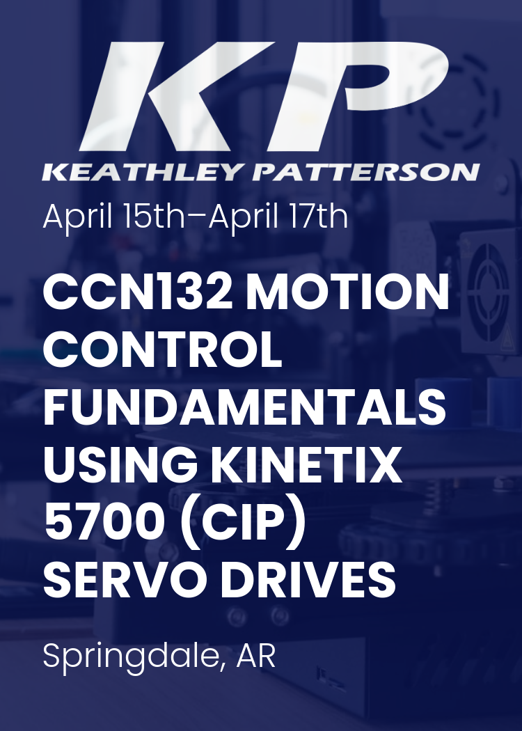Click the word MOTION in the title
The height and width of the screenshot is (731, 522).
pos(349,294)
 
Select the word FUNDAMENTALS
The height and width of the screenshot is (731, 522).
pos(244,409)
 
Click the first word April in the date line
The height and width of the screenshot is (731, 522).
pos(77,218)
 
